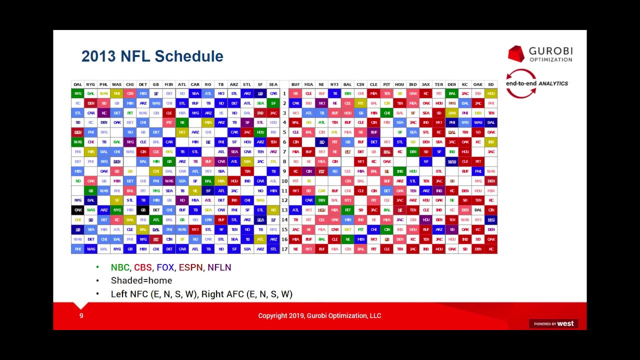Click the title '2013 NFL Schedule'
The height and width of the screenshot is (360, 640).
click(152, 56)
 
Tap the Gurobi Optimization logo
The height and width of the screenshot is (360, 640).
click(540, 54)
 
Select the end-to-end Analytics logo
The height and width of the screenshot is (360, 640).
click(536, 83)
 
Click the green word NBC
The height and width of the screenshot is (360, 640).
click(120, 267)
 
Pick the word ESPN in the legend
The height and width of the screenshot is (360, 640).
click(190, 267)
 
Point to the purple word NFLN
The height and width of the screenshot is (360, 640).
click(219, 267)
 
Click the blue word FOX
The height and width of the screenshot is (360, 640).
click(165, 267)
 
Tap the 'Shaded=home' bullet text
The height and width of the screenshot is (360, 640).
click(141, 280)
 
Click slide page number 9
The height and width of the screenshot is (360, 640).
click(81, 315)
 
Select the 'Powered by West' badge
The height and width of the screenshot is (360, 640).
click(553, 323)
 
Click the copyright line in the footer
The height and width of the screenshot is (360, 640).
click(319, 315)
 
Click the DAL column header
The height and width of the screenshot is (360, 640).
click(77, 84)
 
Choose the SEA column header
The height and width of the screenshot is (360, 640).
click(273, 84)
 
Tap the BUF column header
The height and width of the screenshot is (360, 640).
click(295, 84)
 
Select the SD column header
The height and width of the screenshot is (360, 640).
click(490, 84)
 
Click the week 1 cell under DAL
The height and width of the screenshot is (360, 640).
click(77, 93)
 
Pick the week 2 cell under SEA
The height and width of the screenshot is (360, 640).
click(273, 103)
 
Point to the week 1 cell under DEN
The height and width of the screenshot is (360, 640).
click(451, 93)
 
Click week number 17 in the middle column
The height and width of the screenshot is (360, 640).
click(284, 248)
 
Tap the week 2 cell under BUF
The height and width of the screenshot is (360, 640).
click(295, 103)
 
